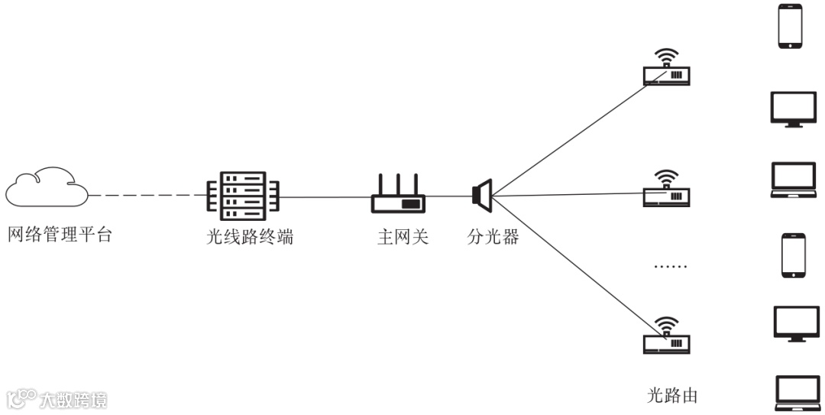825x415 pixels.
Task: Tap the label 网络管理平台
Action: coord(60,235)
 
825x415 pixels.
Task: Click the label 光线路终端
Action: coord(250,237)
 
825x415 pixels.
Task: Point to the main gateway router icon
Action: coord(399,195)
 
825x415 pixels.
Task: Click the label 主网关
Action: coord(403,237)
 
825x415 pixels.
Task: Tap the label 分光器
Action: coord(493,237)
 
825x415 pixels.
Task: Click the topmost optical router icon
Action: coord(667,69)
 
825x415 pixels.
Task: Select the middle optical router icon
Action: coord(667,189)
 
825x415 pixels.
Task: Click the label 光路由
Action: coord(672,395)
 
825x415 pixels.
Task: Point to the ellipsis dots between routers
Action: coord(671,267)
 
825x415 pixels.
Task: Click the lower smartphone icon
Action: coord(791,255)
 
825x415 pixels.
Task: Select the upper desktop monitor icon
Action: coord(791,109)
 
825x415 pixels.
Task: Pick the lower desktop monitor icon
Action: coord(791,324)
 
